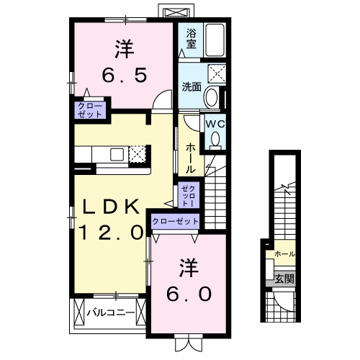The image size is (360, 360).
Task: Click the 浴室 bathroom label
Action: [x=191, y=38]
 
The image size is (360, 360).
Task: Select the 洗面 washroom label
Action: [x=191, y=87]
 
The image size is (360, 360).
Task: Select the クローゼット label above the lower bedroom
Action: [x=175, y=221]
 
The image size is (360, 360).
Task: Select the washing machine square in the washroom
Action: [x=216, y=73]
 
